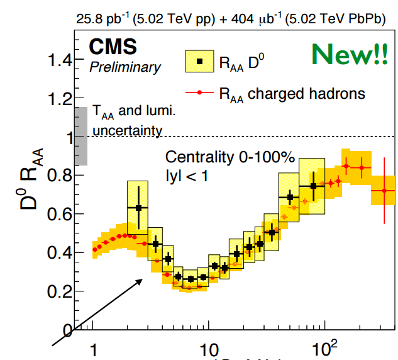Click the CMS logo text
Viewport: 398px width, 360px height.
pos(113,47)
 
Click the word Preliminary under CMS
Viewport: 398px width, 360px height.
pos(125,66)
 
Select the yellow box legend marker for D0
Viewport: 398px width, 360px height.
pos(199,61)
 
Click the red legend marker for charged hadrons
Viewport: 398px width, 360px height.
pos(199,93)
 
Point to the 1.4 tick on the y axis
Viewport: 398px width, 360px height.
pos(62,61)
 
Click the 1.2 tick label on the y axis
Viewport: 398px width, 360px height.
pos(62,99)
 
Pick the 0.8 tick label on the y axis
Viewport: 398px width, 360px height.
pos(62,176)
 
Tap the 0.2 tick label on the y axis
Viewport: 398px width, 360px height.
pos(62,291)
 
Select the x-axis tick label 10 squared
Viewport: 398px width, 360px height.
pos(323,347)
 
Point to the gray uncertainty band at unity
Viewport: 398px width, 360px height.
pos(80,137)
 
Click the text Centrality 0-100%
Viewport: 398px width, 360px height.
pos(229,157)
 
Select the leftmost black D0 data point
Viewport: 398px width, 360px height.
pos(139,208)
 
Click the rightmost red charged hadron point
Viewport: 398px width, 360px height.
pos(384,191)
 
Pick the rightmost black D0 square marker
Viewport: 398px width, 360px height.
pos(313,186)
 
